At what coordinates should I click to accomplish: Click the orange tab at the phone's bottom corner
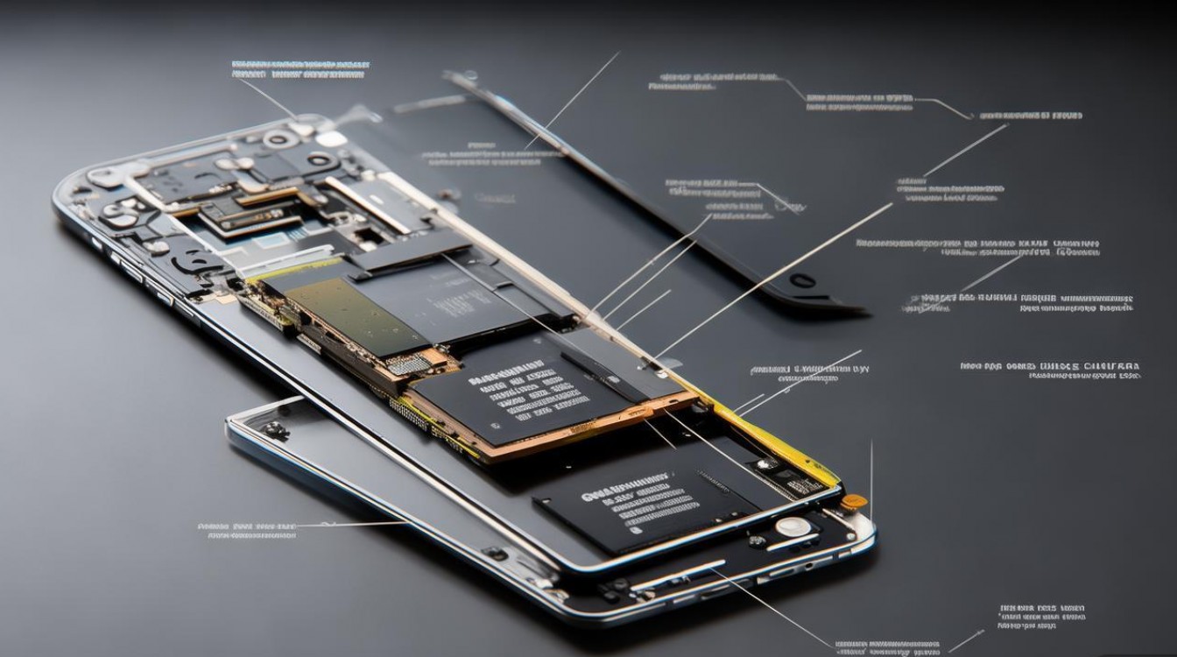tap(855, 502)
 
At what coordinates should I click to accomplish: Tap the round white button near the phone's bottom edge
tap(793, 526)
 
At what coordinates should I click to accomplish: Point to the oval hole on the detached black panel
tap(802, 280)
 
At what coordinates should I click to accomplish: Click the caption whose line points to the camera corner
tap(300, 69)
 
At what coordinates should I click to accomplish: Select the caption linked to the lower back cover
tap(247, 529)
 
